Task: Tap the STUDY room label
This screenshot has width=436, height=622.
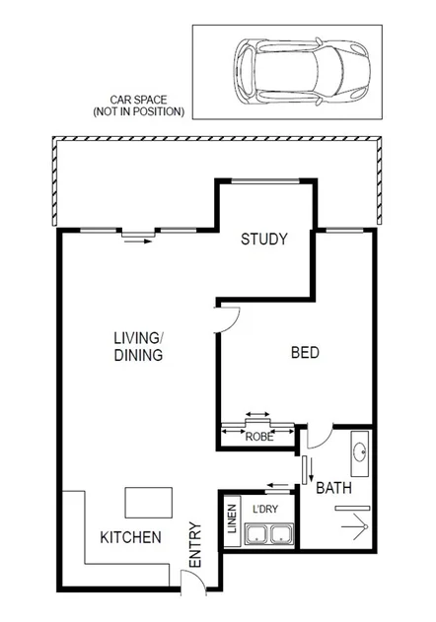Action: point(263,239)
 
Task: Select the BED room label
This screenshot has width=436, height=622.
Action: point(306,353)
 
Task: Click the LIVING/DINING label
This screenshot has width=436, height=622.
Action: point(137,347)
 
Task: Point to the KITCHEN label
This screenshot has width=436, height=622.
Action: point(130,538)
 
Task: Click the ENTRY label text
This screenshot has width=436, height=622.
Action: point(194,543)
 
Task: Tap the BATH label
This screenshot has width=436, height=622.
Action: point(332,486)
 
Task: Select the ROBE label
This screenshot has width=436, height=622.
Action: point(258,436)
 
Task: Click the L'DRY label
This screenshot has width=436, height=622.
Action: point(264,509)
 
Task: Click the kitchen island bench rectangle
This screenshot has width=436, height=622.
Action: point(147,502)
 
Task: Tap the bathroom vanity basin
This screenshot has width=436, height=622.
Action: point(360,455)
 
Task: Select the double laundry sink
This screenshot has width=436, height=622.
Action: point(270,536)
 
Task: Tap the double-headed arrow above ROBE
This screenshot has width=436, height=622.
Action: point(258,415)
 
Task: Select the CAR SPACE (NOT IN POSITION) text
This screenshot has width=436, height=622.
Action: point(138,105)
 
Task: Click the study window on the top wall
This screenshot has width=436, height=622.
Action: point(265,179)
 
